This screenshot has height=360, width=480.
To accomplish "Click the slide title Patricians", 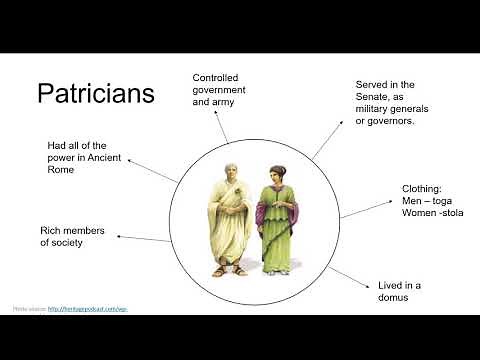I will click(x=96, y=94).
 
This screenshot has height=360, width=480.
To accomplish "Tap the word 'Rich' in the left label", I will click(x=52, y=229).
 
